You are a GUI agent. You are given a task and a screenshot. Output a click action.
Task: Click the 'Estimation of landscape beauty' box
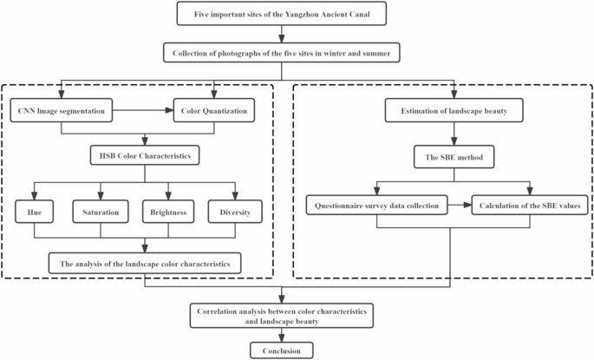coord(452,111)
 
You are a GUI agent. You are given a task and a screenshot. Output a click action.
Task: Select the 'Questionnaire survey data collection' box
coord(378,206)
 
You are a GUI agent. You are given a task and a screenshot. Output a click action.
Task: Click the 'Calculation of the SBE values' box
coord(531,206)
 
